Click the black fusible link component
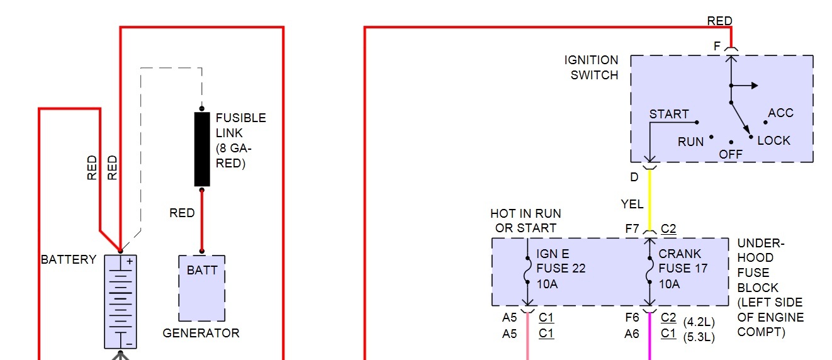[x=202, y=149]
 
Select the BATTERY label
[x=69, y=260]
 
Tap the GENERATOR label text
[x=201, y=333]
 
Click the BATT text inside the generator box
[x=202, y=271]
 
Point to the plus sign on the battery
[x=130, y=261]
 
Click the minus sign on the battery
[x=128, y=344]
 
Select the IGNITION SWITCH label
[x=591, y=67]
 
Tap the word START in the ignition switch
[x=669, y=114]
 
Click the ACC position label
[x=781, y=113]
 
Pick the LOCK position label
[x=774, y=140]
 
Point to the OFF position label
[x=731, y=154]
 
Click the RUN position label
[x=690, y=142]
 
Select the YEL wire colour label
[x=632, y=204]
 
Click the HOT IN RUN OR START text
[x=526, y=221]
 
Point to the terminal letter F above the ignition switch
[x=717, y=47]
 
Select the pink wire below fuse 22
[x=527, y=346]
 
